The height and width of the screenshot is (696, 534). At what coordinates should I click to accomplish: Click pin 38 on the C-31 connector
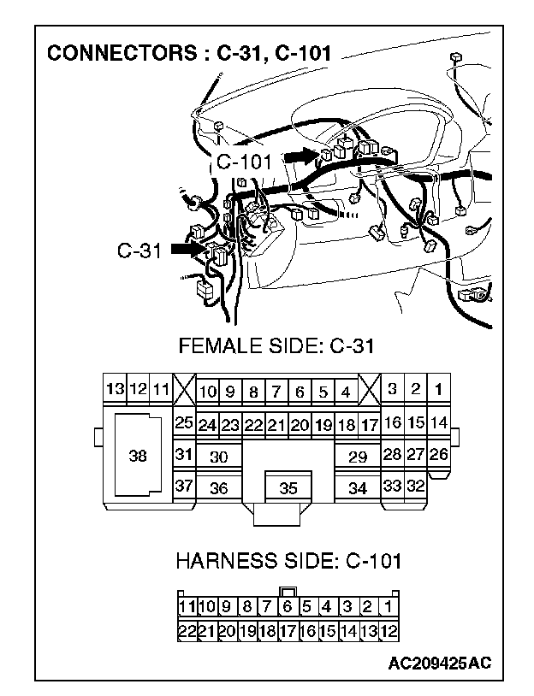click(x=137, y=456)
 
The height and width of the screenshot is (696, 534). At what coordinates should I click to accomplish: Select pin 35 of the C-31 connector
click(x=288, y=489)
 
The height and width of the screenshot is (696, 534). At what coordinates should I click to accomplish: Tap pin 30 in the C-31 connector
click(x=219, y=457)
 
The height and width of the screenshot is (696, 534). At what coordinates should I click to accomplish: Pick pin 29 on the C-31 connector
click(x=358, y=457)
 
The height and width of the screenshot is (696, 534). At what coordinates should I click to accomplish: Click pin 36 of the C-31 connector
click(x=219, y=488)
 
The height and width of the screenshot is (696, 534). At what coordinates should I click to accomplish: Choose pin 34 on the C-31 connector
click(x=358, y=488)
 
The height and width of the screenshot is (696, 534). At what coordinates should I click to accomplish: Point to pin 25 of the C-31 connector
click(x=183, y=422)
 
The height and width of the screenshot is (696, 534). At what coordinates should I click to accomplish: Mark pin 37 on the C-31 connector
click(x=183, y=487)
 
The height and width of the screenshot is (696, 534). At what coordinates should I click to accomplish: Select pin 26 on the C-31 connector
click(x=438, y=454)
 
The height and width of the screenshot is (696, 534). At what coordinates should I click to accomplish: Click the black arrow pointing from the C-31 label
click(x=188, y=249)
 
